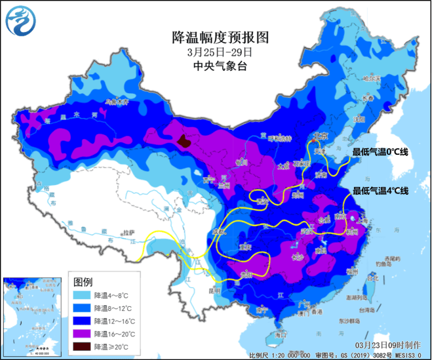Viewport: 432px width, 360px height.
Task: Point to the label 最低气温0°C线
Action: pyautogui.click(x=380, y=152)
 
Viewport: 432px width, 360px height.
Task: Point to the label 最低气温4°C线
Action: pyautogui.click(x=380, y=191)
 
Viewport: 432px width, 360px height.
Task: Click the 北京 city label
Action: pyautogui.click(x=319, y=137)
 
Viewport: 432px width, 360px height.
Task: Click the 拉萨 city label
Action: pyautogui.click(x=133, y=233)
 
